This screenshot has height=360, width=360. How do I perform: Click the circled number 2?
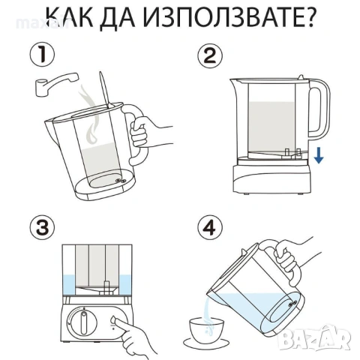[209, 56]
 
